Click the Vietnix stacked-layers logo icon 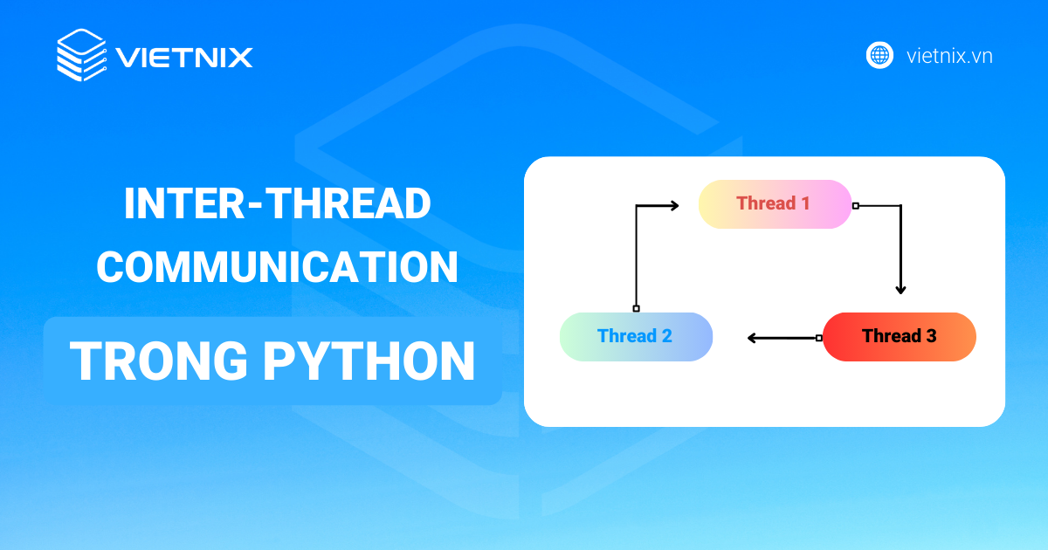coord(81,56)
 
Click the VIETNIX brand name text coord(184,58)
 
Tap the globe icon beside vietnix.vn coord(879,56)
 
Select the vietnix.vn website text coord(949,57)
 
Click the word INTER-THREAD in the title coord(277,204)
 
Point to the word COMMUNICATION coord(277,267)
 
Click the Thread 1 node coord(775,204)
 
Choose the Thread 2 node coord(636,336)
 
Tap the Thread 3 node coord(899,336)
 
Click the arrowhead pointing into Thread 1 coord(673,206)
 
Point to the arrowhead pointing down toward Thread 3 coord(900,289)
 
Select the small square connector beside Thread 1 coord(856,206)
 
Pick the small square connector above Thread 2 coord(636,308)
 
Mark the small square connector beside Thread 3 coord(818,338)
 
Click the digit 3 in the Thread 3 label coord(931,336)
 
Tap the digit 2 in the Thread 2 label coord(666,336)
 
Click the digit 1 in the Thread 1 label coord(805,204)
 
